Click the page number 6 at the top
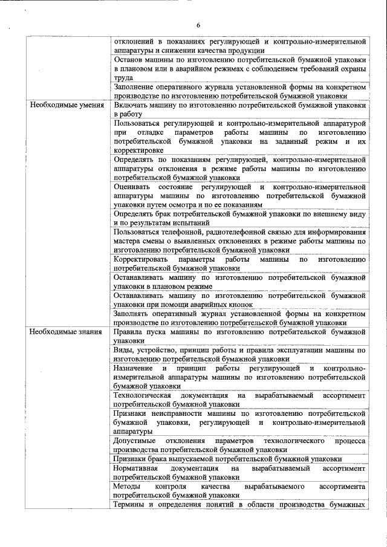pyautogui.click(x=197, y=25)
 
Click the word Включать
pyautogui.click(x=131, y=105)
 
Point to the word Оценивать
pyautogui.click(x=132, y=187)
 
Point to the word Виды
pyautogui.click(x=122, y=351)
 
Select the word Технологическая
pyautogui.click(x=144, y=395)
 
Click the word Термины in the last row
pyautogui.click(x=128, y=504)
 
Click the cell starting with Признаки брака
pyautogui.click(x=239, y=459)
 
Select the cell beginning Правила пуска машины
pyautogui.click(x=239, y=337)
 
